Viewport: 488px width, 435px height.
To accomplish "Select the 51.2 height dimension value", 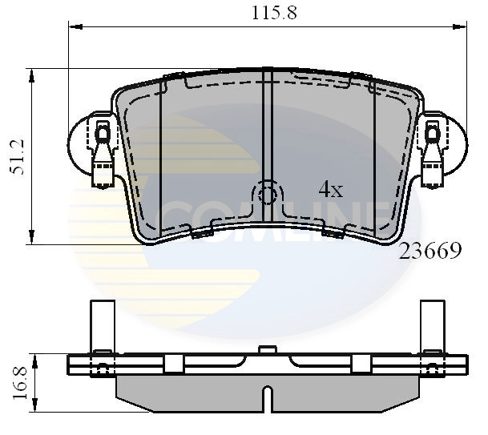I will pos(18,156).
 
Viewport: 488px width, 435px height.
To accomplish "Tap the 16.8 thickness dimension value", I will pos(18,383).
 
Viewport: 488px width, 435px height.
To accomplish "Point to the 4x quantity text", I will pos(330,190).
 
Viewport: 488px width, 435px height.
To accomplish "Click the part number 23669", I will pos(430,252).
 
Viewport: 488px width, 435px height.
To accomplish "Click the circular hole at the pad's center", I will pos(268,194).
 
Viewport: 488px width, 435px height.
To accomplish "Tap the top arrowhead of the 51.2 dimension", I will pos(32,75).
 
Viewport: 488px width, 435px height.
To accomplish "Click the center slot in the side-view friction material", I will pos(268,398).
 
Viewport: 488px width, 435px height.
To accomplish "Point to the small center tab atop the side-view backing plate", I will pos(268,349).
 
